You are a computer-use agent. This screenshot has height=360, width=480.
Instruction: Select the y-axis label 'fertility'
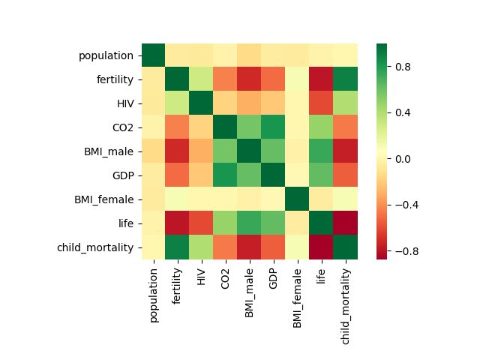[x=114, y=79]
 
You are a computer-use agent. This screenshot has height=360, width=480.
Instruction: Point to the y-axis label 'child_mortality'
[x=95, y=247]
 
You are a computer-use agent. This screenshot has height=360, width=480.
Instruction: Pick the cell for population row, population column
[x=153, y=55]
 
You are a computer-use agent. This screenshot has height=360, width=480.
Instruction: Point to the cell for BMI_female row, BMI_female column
[x=297, y=199]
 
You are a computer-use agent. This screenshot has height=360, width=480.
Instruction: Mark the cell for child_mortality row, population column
[x=153, y=247]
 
